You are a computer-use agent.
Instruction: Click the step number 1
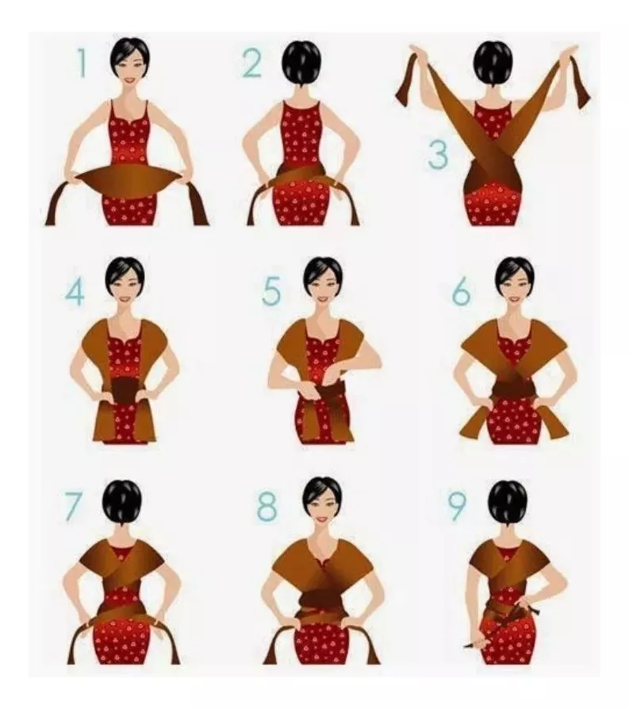(x=82, y=63)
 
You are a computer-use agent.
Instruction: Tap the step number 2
(x=252, y=63)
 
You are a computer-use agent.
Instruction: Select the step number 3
(x=438, y=155)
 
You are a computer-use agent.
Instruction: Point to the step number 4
(x=75, y=292)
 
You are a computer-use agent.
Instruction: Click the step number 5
(x=271, y=291)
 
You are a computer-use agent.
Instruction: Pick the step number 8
(x=267, y=507)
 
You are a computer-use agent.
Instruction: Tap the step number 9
(x=457, y=507)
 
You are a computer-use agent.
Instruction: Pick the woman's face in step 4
(x=125, y=288)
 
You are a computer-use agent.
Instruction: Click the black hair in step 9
(x=508, y=503)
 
